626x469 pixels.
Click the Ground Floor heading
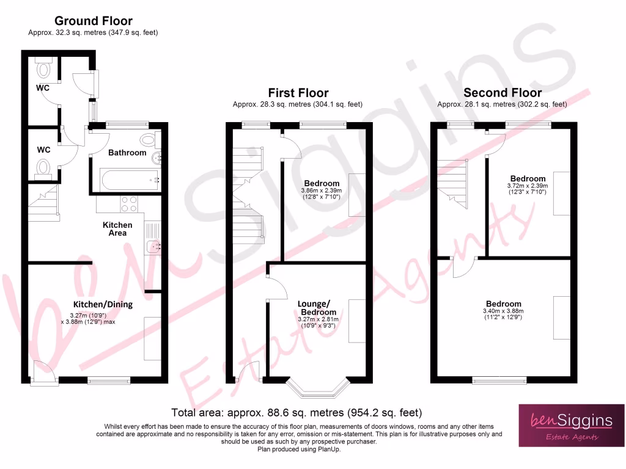93,22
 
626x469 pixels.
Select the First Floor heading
298,93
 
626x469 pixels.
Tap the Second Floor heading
502,93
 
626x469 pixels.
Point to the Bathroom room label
127,153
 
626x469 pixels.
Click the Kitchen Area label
117,229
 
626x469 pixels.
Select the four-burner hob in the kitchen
130,203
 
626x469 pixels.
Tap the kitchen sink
152,247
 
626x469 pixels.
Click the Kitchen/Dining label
103,304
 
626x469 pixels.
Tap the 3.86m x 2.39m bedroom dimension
322,191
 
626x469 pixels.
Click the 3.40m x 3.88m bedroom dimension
504,311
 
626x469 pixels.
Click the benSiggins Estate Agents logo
562,425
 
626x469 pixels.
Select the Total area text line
297,413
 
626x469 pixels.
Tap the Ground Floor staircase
43,201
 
